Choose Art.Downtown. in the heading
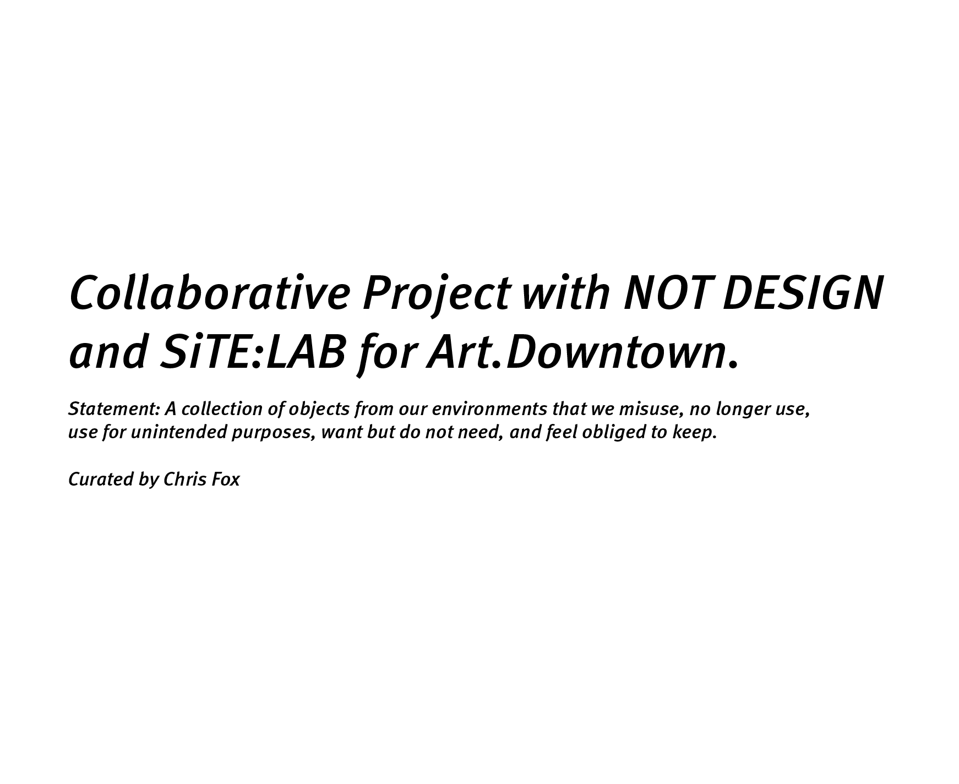[582, 353]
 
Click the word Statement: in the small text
[114, 409]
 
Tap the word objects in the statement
[319, 409]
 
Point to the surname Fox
[226, 480]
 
